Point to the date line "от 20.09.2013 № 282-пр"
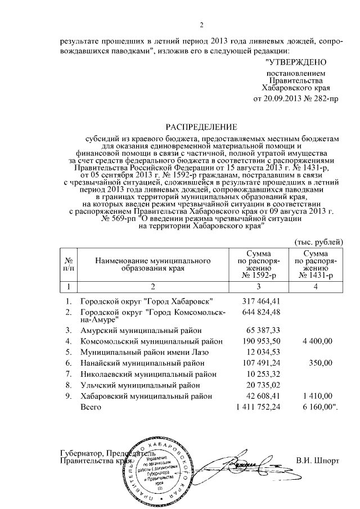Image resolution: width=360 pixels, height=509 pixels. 296,99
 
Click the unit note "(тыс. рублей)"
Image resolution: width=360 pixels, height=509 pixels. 318,242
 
